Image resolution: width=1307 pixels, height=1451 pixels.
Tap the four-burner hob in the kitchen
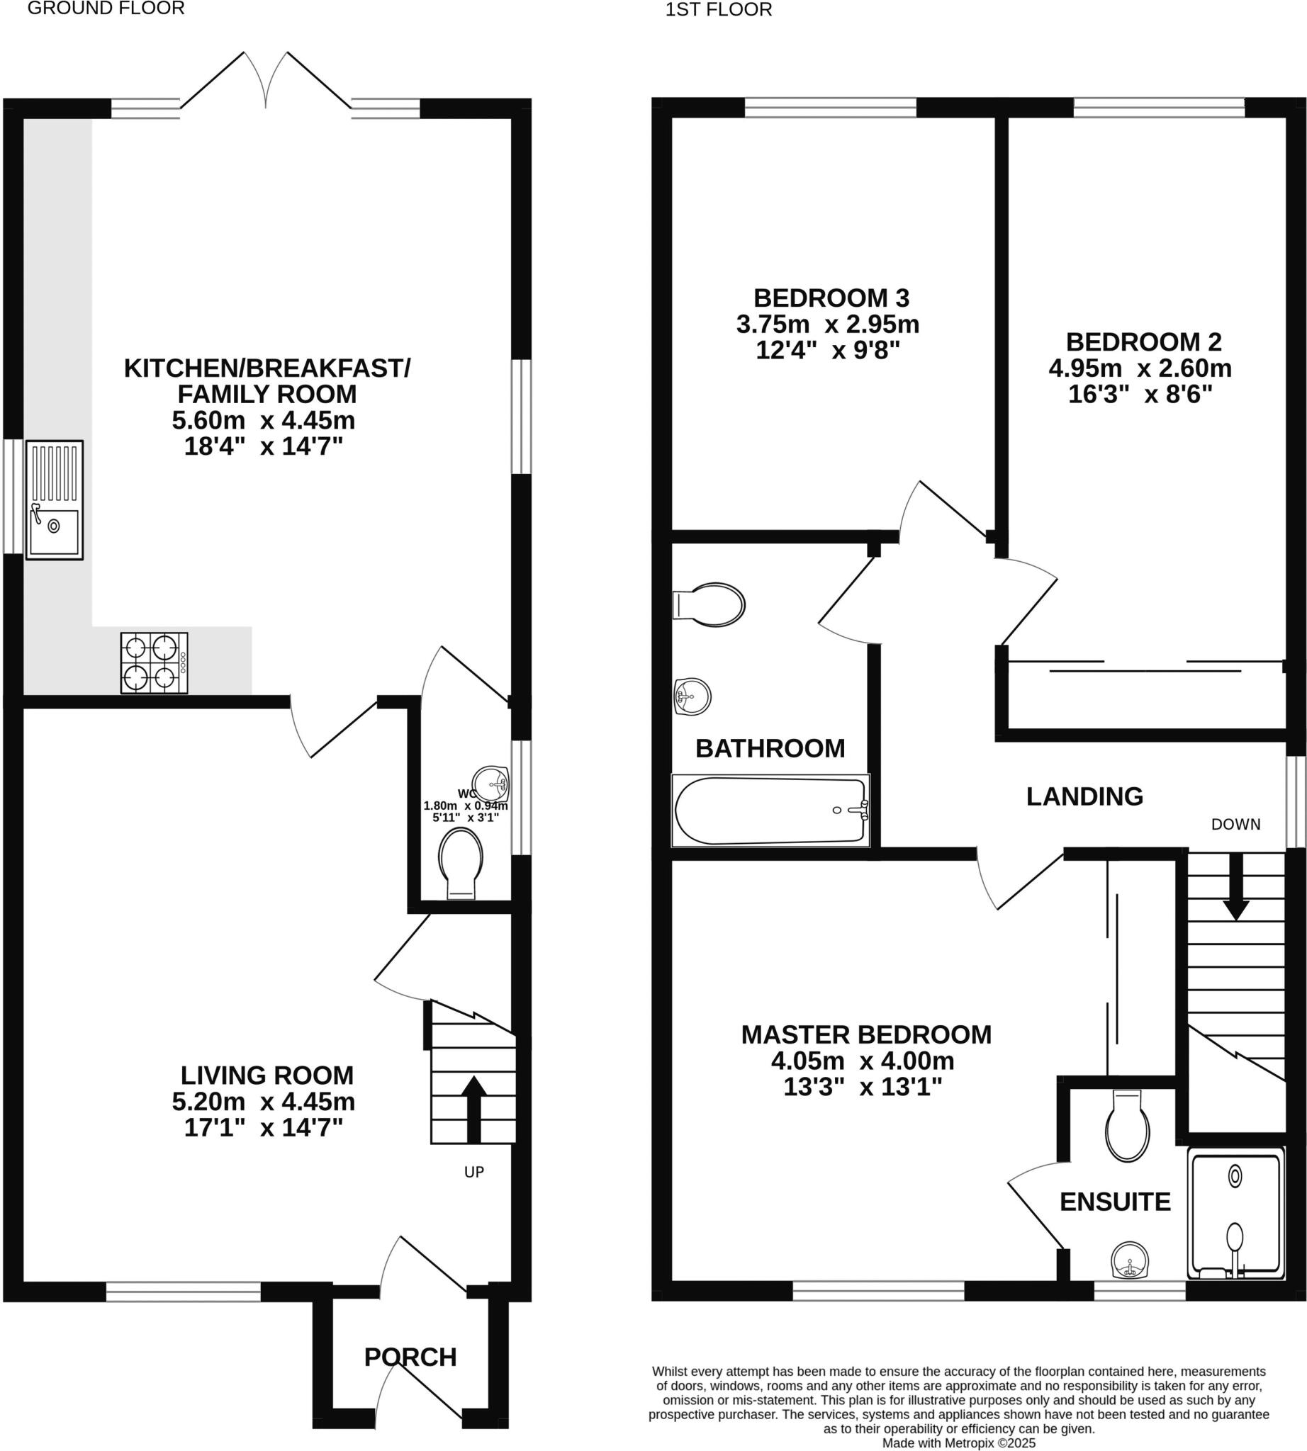point(154,662)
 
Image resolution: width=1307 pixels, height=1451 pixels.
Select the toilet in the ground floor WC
point(460,861)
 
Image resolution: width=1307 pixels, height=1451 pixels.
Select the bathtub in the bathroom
point(770,810)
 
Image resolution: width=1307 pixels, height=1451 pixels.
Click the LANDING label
point(1084,796)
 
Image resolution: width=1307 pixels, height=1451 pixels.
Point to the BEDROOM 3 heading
point(831,298)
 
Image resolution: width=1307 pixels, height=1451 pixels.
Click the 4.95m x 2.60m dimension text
point(1140,368)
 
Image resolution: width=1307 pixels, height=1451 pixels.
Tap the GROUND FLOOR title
point(106,9)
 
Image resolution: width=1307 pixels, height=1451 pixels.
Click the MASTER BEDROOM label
point(866,1034)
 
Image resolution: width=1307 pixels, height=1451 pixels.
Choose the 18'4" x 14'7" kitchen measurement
point(263,446)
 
